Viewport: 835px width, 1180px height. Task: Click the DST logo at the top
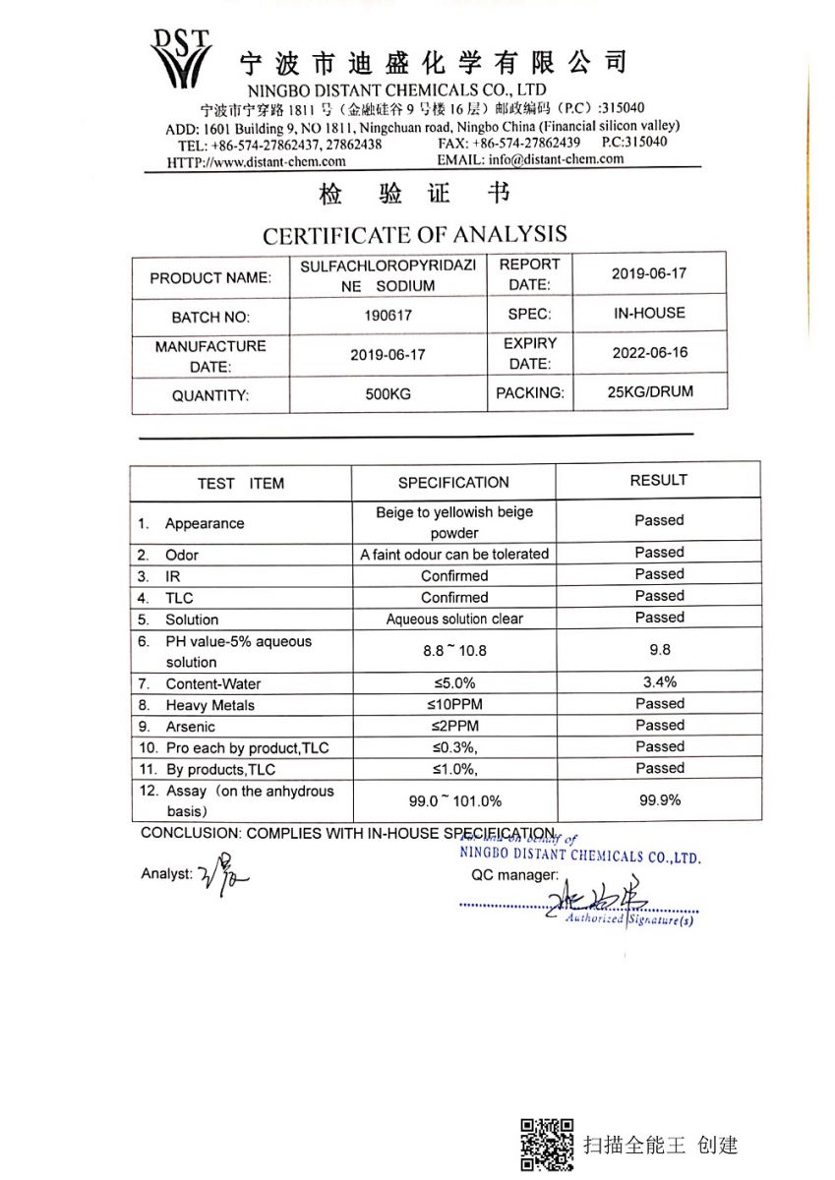click(181, 58)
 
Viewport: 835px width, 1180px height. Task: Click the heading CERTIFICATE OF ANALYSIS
click(414, 235)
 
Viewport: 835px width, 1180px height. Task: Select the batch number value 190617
click(388, 317)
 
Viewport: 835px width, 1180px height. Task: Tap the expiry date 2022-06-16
click(649, 352)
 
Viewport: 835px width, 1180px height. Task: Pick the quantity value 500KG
click(388, 394)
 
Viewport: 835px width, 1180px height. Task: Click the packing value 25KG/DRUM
click(649, 391)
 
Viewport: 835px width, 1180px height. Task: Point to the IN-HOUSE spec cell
click(649, 314)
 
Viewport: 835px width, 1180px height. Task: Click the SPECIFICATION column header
click(453, 483)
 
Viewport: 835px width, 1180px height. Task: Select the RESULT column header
click(658, 480)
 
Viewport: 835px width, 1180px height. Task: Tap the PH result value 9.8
click(659, 650)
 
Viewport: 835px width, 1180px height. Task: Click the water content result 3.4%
click(659, 682)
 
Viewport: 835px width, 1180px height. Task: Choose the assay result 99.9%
click(659, 800)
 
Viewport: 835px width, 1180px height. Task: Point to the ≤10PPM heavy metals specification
click(453, 705)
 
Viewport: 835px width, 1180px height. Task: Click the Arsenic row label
click(190, 727)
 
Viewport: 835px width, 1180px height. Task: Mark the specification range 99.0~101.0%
click(454, 801)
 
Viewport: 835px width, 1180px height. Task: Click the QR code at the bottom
click(547, 1145)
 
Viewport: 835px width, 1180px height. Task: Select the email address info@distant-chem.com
click(556, 159)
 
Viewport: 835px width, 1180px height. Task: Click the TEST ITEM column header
click(240, 484)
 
